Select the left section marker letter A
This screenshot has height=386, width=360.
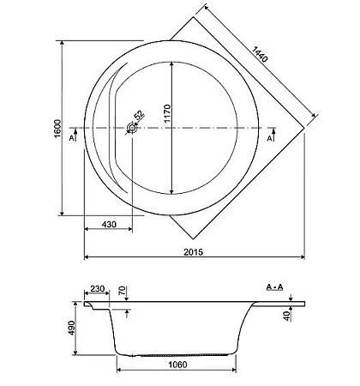click(x=71, y=137)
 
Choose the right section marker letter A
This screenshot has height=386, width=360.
click(x=271, y=137)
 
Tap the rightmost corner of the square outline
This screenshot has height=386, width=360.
click(x=308, y=127)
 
